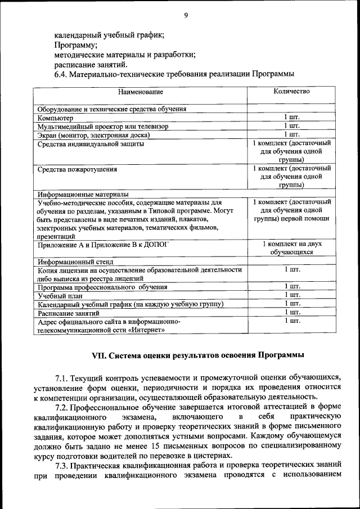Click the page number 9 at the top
pos(185,16)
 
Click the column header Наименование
pos(140,92)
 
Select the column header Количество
pos(291,91)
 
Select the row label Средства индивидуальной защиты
pos(90,144)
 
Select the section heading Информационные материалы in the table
pos(83,194)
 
